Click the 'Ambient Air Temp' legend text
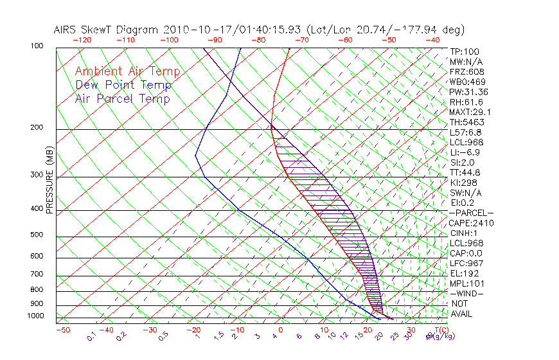127,72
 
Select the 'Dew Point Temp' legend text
123,85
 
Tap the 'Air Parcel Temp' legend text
122,99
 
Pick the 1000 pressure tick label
36,316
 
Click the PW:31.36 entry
468,92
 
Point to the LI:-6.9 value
465,152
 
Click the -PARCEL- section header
471,213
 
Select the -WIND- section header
466,293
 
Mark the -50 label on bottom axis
62,330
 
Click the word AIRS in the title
66,30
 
